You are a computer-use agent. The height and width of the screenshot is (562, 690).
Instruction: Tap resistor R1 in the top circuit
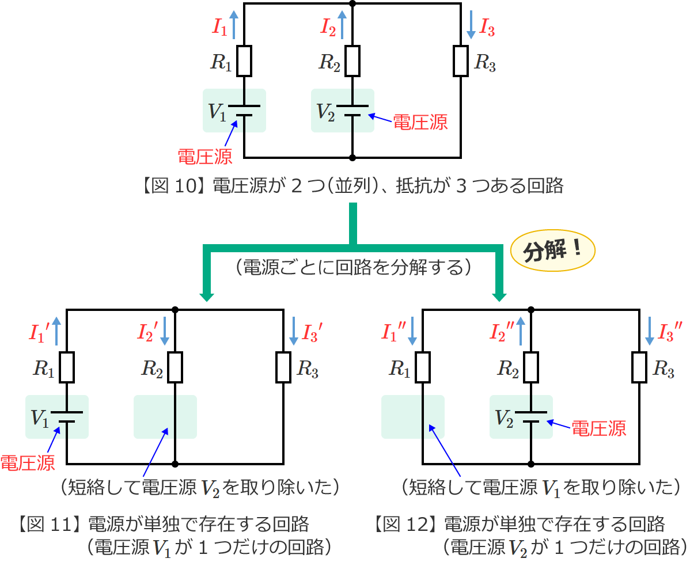pyautogui.click(x=244, y=60)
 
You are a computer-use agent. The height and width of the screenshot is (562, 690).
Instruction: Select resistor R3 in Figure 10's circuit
pyautogui.click(x=461, y=60)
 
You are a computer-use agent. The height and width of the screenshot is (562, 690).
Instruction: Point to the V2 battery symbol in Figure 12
pyautogui.click(x=530, y=416)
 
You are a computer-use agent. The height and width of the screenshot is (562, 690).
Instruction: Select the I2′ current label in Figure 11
pyautogui.click(x=147, y=332)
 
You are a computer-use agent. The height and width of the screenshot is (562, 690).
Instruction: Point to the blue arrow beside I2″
pyautogui.click(x=522, y=331)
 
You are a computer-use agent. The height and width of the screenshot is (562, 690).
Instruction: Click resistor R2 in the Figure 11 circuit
pyautogui.click(x=175, y=367)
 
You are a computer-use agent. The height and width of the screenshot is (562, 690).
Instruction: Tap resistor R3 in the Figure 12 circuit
pyautogui.click(x=639, y=367)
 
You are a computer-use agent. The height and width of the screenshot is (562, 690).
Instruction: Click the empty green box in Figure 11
pyautogui.click(x=165, y=416)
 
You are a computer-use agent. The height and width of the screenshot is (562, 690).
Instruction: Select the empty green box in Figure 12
pyautogui.click(x=412, y=416)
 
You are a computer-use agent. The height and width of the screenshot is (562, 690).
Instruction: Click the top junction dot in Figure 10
pyautogui.click(x=352, y=3)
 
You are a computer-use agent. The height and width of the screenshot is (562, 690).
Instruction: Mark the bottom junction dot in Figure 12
pyautogui.click(x=530, y=464)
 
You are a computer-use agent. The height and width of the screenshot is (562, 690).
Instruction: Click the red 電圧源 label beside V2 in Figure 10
pyautogui.click(x=420, y=122)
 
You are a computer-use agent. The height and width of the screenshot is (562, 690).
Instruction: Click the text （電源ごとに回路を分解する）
pyautogui.click(x=354, y=268)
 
